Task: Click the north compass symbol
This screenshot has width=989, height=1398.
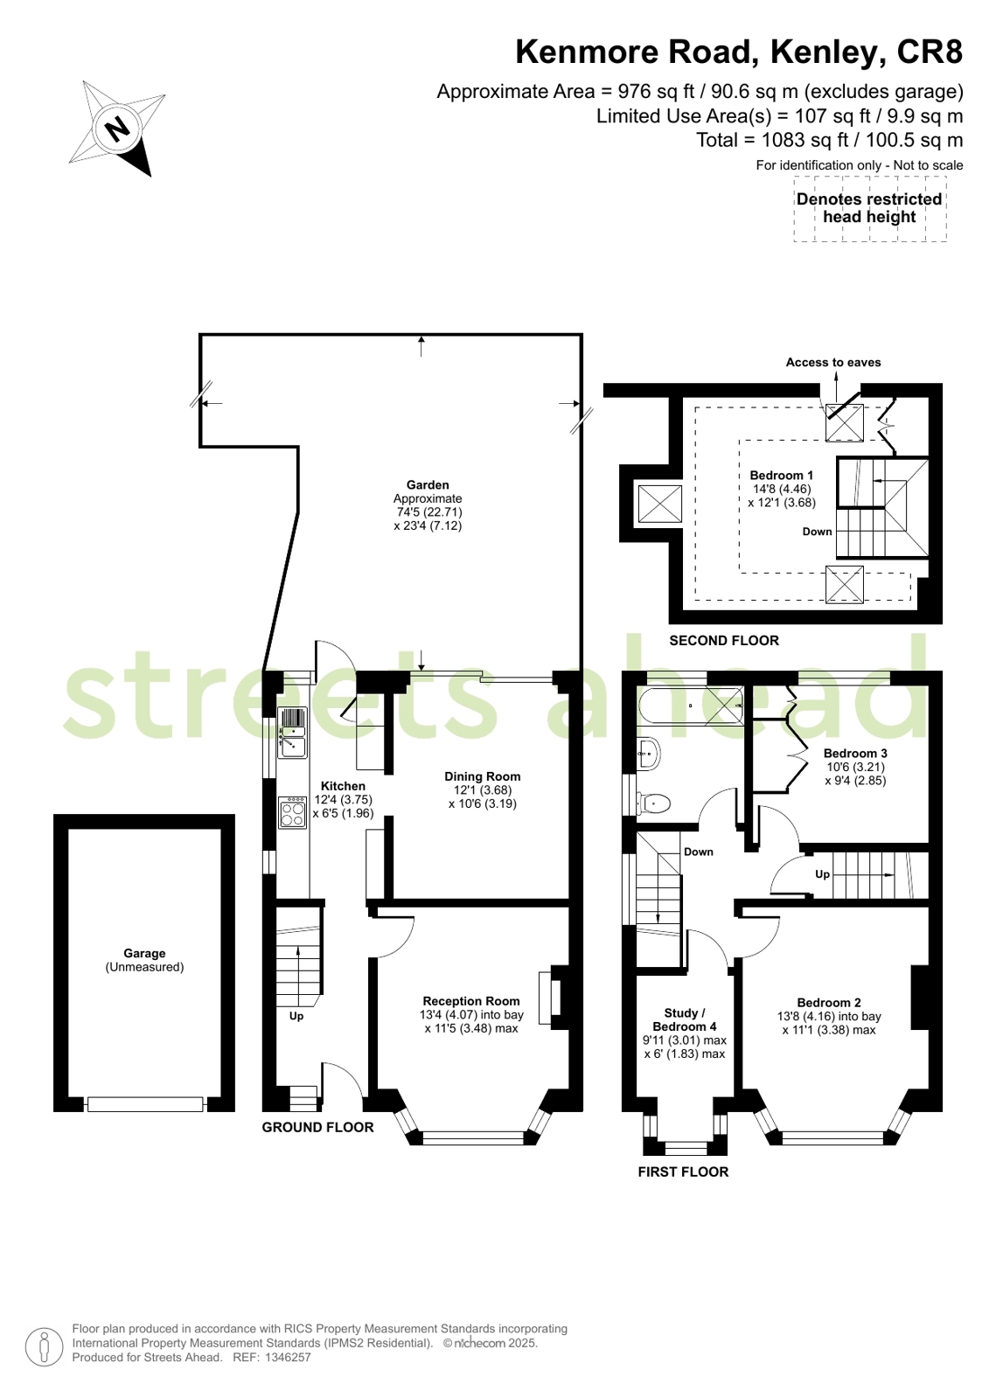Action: [117, 129]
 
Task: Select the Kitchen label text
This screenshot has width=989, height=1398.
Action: [343, 786]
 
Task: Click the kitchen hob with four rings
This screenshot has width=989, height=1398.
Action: [292, 812]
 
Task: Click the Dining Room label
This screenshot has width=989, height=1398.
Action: [482, 776]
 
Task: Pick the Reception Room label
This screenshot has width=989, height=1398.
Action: [471, 1001]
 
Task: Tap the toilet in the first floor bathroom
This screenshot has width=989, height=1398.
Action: [654, 802]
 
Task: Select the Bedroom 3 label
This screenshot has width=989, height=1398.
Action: [855, 753]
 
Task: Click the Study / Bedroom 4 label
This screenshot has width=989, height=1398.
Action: [684, 1019]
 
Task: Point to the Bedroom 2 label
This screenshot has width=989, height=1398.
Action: [829, 1003]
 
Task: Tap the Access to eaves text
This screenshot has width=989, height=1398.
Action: [832, 362]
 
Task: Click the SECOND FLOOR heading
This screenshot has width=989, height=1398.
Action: [724, 641]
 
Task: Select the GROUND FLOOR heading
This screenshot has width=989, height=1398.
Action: [317, 1128]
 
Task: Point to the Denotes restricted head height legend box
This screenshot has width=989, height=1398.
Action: [869, 208]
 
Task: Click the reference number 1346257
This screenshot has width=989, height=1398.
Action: [288, 1358]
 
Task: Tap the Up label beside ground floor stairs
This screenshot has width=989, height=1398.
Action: [296, 1016]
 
